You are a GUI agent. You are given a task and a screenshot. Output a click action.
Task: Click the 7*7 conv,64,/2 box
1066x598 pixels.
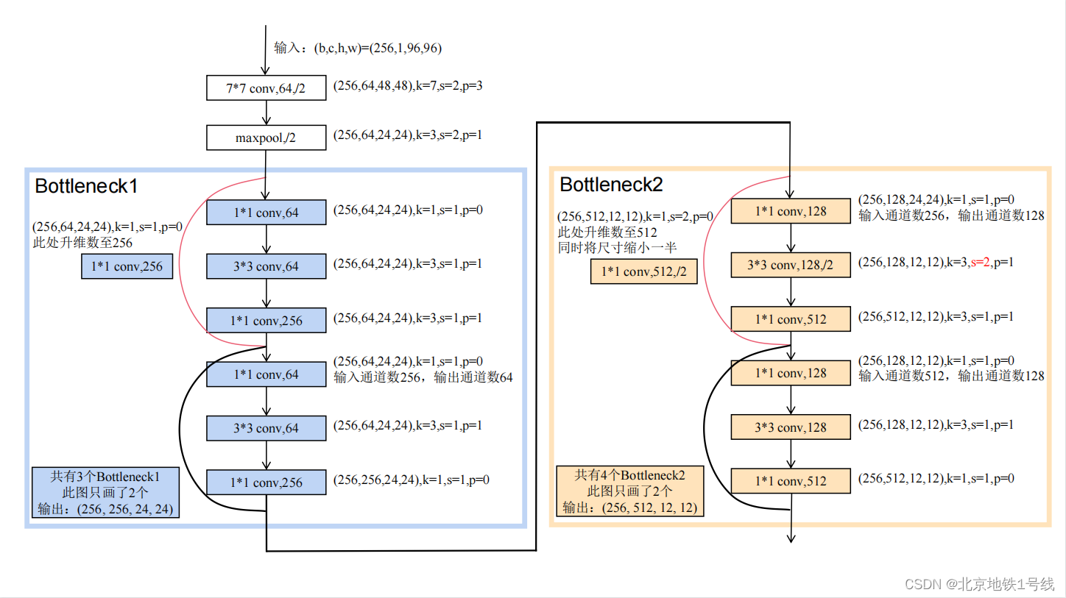click(x=266, y=88)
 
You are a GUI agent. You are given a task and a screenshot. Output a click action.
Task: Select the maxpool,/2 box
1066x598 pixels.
click(x=266, y=138)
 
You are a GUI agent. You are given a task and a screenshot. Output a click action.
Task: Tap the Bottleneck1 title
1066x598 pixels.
click(x=86, y=186)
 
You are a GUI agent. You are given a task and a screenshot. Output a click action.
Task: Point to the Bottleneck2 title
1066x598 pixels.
click(x=611, y=185)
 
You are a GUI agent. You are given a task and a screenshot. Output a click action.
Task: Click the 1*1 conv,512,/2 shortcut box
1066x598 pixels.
click(x=643, y=271)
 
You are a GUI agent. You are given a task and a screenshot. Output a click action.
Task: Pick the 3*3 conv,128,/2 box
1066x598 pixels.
click(x=791, y=266)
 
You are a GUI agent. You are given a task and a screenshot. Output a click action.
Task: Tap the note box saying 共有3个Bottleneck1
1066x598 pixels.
click(x=106, y=492)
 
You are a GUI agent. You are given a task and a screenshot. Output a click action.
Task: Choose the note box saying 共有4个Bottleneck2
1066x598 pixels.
click(x=629, y=491)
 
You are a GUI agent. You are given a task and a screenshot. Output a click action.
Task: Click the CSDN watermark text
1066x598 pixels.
click(x=978, y=583)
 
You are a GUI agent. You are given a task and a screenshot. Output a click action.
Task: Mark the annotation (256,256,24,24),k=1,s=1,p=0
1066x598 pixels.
click(x=412, y=480)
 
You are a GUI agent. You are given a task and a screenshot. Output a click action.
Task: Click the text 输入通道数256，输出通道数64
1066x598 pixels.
click(x=423, y=377)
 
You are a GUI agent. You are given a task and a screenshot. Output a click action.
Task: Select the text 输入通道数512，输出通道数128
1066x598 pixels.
click(x=951, y=376)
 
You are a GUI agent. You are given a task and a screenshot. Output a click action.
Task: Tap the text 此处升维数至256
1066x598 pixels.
click(x=82, y=243)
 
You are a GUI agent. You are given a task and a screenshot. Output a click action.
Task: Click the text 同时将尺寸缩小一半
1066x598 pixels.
click(x=617, y=248)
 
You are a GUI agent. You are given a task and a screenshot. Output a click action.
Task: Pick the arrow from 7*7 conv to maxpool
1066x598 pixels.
click(x=266, y=113)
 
